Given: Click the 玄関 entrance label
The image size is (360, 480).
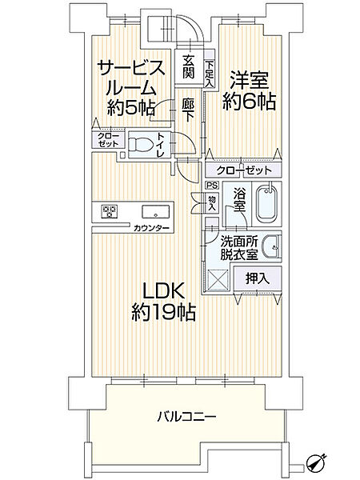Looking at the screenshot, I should click(x=189, y=66).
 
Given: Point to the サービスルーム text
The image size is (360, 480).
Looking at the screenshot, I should click(x=132, y=80).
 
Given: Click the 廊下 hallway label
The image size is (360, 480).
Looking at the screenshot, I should click(x=188, y=110).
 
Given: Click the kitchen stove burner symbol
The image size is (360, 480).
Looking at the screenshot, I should click(x=110, y=212).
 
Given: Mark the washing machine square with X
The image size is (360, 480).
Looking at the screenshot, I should click(x=217, y=279).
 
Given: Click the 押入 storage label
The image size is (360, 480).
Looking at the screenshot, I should click(x=258, y=279).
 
